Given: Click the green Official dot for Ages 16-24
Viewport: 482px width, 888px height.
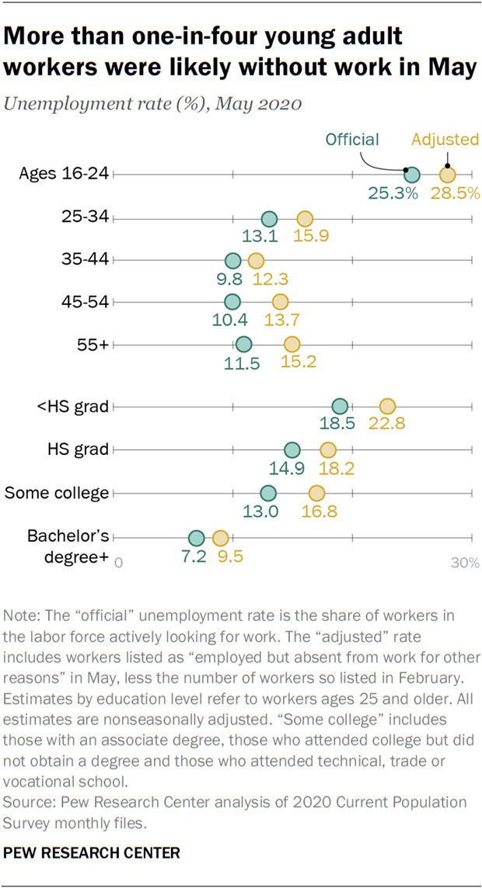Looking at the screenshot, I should click(x=412, y=175).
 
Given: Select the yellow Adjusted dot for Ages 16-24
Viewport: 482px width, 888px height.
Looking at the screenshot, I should click(x=448, y=175).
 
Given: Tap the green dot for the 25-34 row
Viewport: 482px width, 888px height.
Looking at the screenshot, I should click(x=269, y=219).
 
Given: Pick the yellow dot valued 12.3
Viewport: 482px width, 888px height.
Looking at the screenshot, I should click(x=256, y=261).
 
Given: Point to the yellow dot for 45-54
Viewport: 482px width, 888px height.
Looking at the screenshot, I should click(x=280, y=302).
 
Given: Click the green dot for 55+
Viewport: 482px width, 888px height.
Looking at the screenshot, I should click(x=243, y=344).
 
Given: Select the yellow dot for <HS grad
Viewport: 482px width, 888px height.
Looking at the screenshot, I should click(x=387, y=406).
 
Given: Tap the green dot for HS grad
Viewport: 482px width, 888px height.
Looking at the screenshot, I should click(x=292, y=449).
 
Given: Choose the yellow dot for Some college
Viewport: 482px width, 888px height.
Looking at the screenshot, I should click(x=316, y=492).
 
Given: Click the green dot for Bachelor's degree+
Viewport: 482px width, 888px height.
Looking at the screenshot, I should click(x=196, y=538).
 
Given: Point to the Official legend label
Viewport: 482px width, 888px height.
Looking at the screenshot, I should click(x=352, y=140).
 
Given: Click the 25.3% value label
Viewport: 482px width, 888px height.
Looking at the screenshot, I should click(x=393, y=193).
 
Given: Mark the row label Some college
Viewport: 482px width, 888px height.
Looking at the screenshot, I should click(x=57, y=492).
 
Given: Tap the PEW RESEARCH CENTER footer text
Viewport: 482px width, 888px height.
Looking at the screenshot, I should click(x=92, y=853).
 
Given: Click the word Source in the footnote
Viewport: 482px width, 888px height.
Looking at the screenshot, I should click(x=25, y=802).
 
